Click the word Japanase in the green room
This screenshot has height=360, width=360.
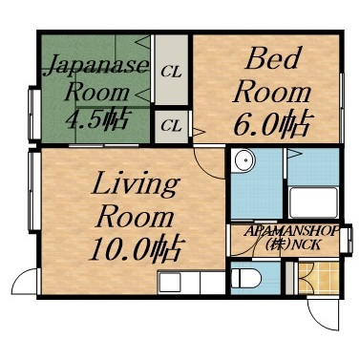pos(95,66)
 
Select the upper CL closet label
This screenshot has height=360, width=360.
pos(172,71)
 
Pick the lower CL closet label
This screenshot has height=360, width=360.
pos(172,124)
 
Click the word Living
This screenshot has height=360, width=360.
pos(136,183)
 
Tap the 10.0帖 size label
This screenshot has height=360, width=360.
pos(136,249)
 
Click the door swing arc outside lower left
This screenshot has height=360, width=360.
pos(21,283)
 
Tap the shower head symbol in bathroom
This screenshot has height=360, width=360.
pos(297,154)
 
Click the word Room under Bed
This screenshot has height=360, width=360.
pos(273,92)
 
